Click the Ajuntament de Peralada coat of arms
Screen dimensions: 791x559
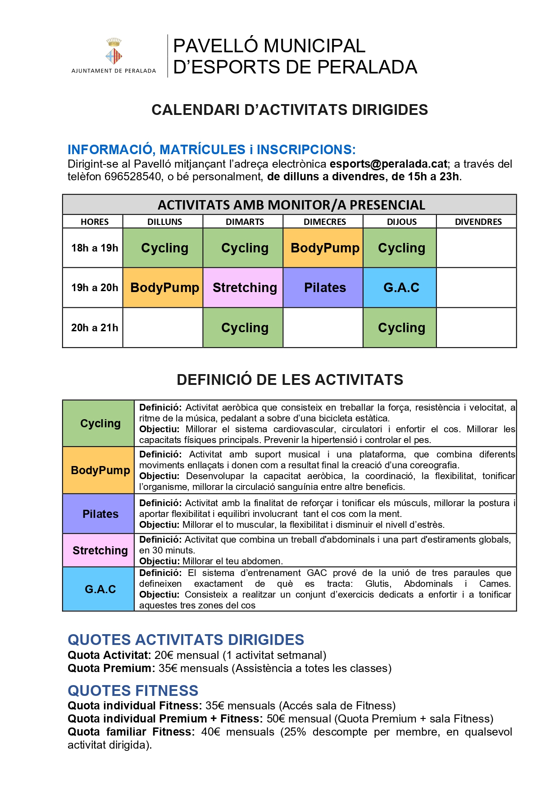[114, 52]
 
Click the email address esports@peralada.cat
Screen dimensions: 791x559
[388, 164]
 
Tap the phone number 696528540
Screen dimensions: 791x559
[133, 177]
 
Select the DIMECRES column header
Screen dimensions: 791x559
[324, 222]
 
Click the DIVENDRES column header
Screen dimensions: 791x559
[478, 222]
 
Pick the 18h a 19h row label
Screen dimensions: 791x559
[95, 248]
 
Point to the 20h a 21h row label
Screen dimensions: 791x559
[95, 328]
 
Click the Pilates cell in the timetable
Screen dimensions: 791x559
[324, 288]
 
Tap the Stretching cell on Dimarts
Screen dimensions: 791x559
[245, 288]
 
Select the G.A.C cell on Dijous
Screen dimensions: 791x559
[401, 288]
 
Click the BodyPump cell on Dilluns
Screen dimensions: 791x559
[164, 288]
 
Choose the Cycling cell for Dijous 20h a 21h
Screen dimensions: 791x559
[401, 328]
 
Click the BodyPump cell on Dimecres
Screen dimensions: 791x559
[324, 248]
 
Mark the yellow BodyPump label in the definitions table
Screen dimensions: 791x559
[100, 470]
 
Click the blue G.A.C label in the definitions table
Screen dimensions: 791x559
[100, 589]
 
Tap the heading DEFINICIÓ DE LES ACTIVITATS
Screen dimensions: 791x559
[290, 380]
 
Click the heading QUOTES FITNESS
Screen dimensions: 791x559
[133, 690]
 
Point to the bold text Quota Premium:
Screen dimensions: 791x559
[111, 668]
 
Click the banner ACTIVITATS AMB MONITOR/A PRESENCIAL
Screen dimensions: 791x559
[291, 205]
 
